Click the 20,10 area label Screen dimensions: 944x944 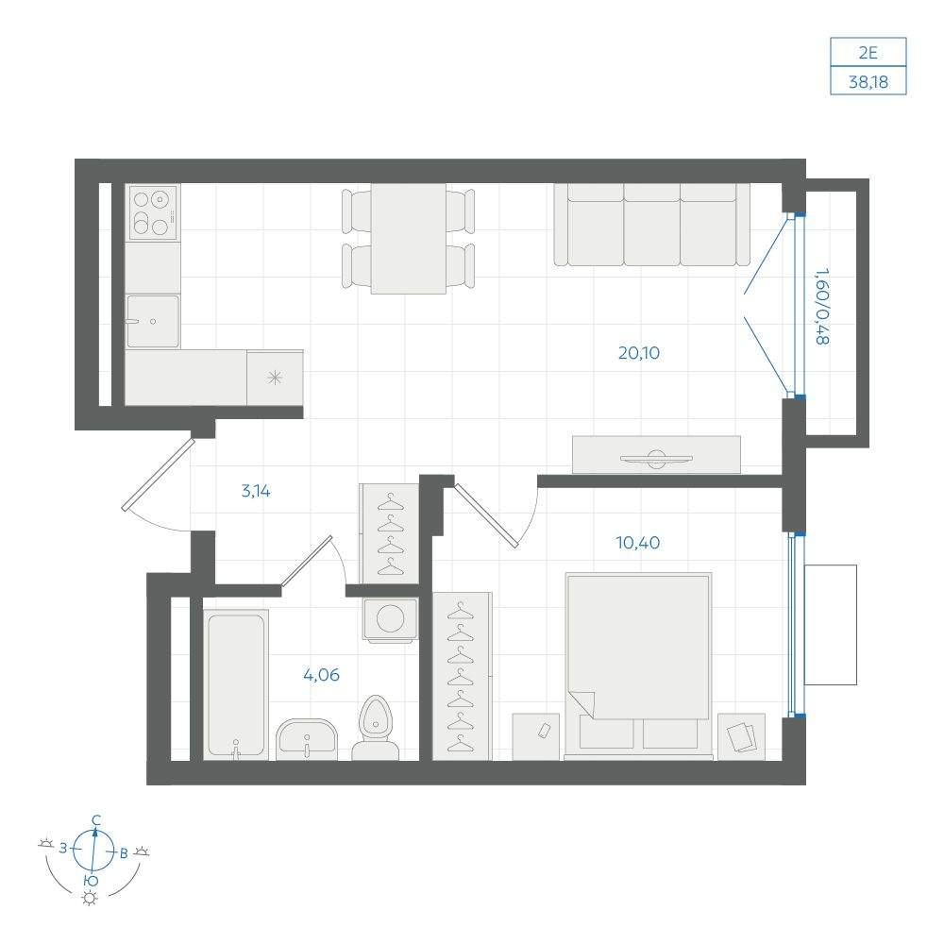pos(639,353)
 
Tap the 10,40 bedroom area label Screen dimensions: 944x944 pos(637,543)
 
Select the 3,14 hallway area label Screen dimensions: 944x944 pos(256,491)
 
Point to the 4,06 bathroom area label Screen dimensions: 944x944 pos(322,675)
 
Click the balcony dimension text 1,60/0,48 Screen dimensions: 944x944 pos(822,307)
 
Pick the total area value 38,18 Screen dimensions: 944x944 pos(868,82)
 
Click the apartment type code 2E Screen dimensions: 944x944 pos(868,53)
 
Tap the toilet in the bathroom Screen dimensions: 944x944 pos(375,728)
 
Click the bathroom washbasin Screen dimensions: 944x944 pos(307,739)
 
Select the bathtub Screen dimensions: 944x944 pos(236,684)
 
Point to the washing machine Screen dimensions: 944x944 pos(390,619)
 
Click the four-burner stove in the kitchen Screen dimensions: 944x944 pos(152,212)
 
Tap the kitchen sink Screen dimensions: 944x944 pos(153,321)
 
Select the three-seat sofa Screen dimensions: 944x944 pos(652,225)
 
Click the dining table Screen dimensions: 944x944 pos(408,239)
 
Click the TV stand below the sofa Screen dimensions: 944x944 pos(656,455)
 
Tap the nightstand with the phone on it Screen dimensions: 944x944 pos(536,736)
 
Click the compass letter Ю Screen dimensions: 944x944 pos(91,882)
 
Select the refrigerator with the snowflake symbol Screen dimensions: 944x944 pos(275,379)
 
